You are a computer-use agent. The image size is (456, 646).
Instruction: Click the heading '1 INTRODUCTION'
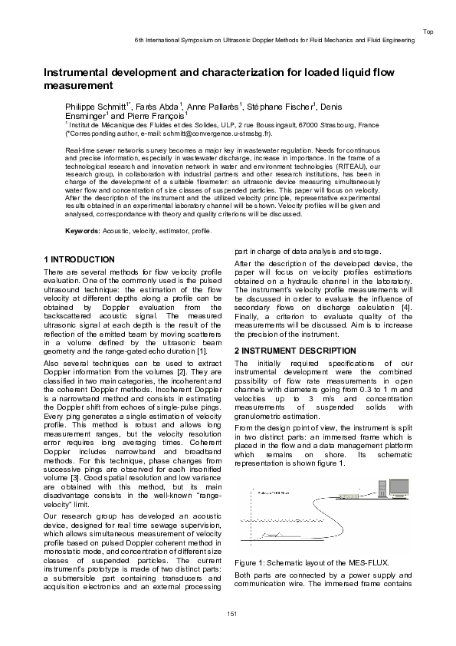tap(80, 259)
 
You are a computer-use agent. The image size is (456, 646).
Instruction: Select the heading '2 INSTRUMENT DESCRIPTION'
tap(294, 351)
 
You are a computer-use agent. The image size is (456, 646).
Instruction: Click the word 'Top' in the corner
tap(428, 31)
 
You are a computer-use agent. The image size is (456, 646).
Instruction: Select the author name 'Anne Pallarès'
tap(214, 107)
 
